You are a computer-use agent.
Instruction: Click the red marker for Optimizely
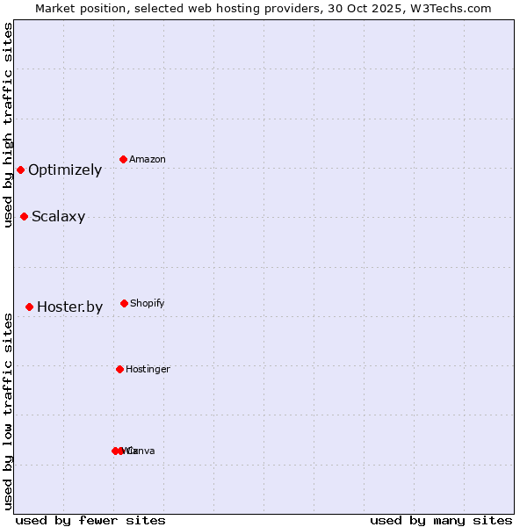pyautogui.click(x=20, y=170)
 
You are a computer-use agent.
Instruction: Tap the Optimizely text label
pyautogui.click(x=65, y=170)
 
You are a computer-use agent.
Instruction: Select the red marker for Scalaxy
pyautogui.click(x=24, y=216)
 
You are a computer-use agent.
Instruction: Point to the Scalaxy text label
pyautogui.click(x=58, y=217)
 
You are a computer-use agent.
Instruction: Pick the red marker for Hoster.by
pyautogui.click(x=29, y=307)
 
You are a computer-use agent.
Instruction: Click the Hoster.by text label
pyautogui.click(x=69, y=307)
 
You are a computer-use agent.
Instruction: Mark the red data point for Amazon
pyautogui.click(x=123, y=159)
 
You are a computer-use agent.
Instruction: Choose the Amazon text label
pyautogui.click(x=148, y=160)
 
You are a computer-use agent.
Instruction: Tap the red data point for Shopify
pyautogui.click(x=124, y=303)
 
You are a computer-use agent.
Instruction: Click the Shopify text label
pyautogui.click(x=148, y=304)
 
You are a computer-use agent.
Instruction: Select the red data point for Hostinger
pyautogui.click(x=119, y=369)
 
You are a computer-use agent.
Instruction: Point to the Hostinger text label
pyautogui.click(x=148, y=370)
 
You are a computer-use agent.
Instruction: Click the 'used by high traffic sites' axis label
pyautogui.click(x=8, y=125)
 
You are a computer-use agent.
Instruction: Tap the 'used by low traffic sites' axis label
pyautogui.click(x=8, y=411)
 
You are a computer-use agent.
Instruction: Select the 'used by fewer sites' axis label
pyautogui.click(x=90, y=520)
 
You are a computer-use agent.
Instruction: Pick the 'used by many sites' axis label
pyautogui.click(x=441, y=520)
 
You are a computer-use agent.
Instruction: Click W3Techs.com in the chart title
pyautogui.click(x=448, y=9)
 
